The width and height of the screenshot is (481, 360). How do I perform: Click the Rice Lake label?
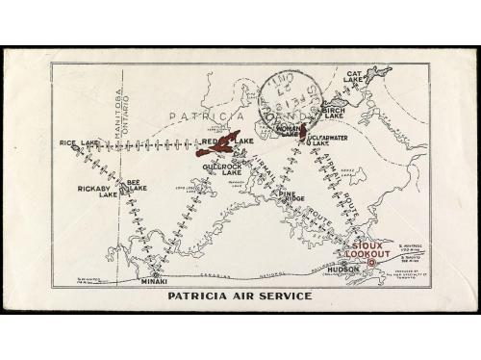[79, 143]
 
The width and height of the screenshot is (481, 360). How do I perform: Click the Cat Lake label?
[356, 76]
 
